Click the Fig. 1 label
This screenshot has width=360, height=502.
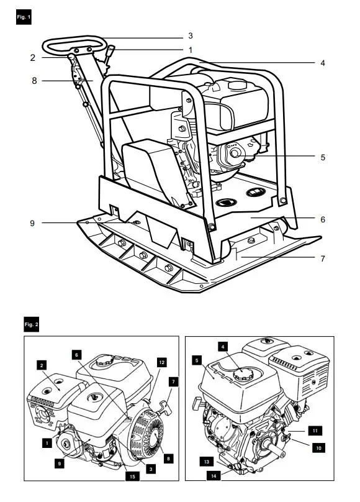24,17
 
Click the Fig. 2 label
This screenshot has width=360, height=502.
31,324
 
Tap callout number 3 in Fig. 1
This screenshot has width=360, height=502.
191,35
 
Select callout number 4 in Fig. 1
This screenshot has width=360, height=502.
323,63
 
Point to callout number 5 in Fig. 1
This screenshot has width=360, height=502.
323,157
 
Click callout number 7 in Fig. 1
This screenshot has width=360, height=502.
323,258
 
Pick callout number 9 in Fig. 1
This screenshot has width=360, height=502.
32,223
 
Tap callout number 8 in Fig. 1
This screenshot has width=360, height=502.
34,81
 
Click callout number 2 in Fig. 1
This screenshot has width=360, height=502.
33,58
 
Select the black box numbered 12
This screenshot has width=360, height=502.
162,362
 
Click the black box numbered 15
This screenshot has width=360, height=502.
132,477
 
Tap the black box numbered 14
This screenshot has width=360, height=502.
214,476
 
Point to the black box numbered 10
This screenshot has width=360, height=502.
319,447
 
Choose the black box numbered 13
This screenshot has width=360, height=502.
207,462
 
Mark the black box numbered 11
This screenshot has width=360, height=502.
315,431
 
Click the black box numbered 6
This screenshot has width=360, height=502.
76,355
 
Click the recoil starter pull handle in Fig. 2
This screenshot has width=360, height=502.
166,407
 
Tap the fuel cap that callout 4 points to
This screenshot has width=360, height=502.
243,374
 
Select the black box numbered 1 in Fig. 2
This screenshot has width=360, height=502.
47,443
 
